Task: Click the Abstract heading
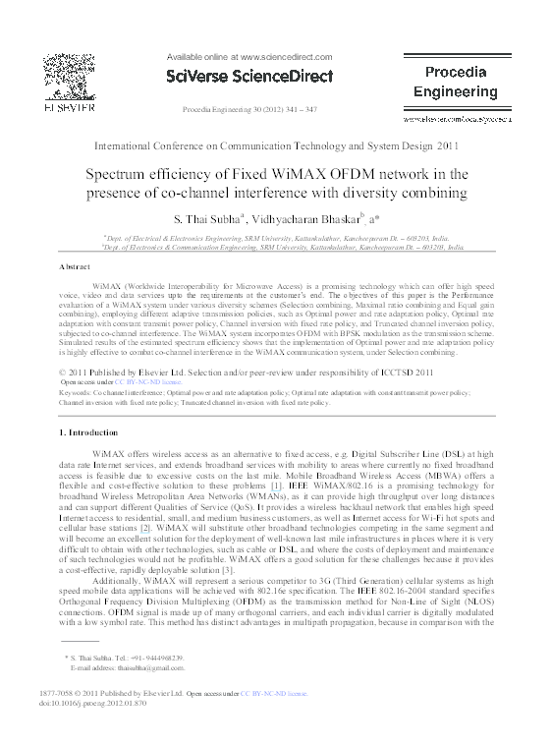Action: tap(75, 267)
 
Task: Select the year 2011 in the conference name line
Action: tap(448, 145)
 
